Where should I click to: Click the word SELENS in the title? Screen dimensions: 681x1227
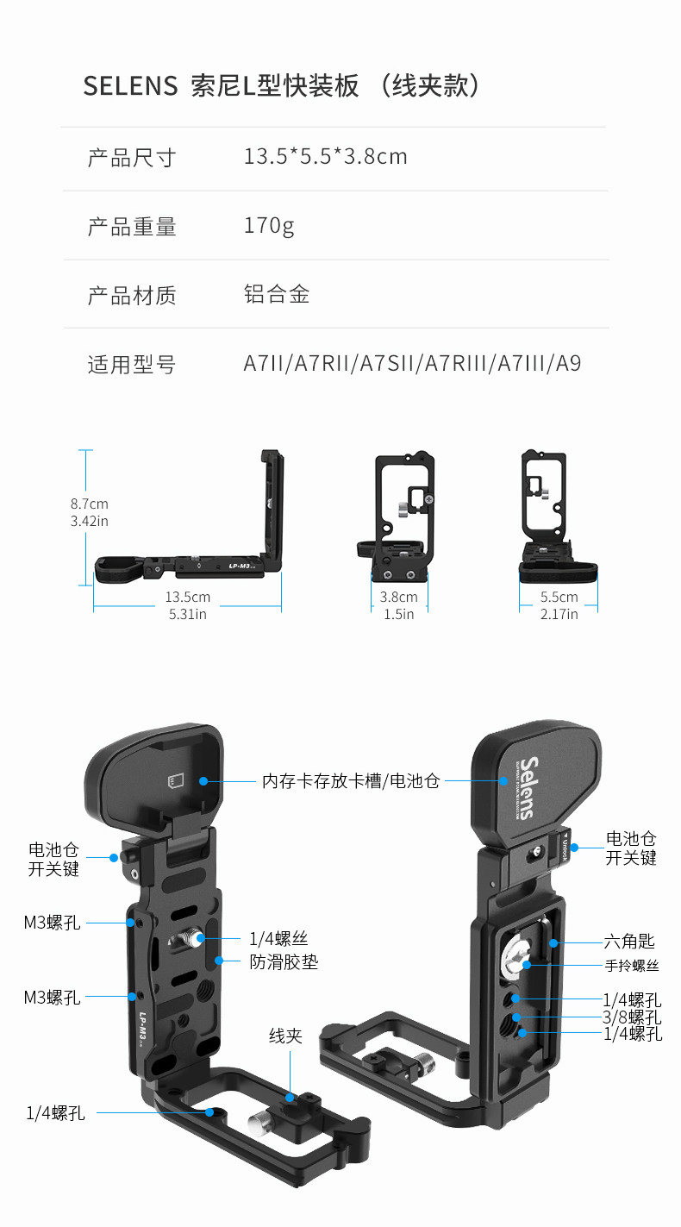coord(130,87)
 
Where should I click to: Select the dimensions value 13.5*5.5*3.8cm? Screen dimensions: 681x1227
coord(325,157)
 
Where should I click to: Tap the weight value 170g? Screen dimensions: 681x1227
coord(269,226)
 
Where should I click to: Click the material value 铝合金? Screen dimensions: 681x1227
coord(277,295)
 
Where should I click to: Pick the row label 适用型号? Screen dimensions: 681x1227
coord(132,365)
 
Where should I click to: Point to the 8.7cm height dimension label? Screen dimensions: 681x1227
coord(90,504)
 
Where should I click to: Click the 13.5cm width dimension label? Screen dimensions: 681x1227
coord(187,597)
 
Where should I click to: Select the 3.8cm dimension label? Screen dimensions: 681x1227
coord(398,597)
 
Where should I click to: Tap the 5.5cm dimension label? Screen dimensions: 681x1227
coord(559,597)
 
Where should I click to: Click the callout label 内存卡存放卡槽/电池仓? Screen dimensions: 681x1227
coord(351,781)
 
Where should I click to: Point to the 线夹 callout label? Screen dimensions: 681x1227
coord(285,1036)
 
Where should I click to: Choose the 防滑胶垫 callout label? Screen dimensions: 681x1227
coord(284,961)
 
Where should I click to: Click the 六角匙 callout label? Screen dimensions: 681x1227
coord(628,942)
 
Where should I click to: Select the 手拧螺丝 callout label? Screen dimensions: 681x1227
coord(630,966)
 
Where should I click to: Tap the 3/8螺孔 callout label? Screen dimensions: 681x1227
coord(632,1017)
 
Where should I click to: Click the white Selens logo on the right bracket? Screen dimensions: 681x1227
coord(527,787)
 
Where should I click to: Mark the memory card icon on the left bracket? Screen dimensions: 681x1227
coord(175,781)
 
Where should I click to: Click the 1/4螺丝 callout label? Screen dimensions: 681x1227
coord(278,939)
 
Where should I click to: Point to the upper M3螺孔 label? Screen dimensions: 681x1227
coord(53,923)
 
